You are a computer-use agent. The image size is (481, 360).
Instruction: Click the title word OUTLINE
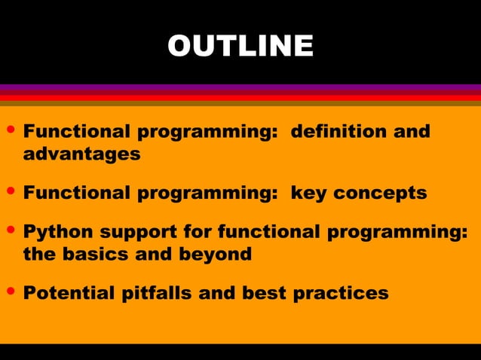240,47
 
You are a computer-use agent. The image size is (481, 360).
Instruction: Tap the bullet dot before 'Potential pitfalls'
10,290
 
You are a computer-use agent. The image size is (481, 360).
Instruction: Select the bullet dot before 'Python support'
10,229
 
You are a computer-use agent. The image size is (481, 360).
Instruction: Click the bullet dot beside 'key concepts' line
10,190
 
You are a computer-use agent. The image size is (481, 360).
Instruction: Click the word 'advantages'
81,154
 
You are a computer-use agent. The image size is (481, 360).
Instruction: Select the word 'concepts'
380,194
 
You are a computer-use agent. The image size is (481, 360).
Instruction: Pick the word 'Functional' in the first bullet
76,132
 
